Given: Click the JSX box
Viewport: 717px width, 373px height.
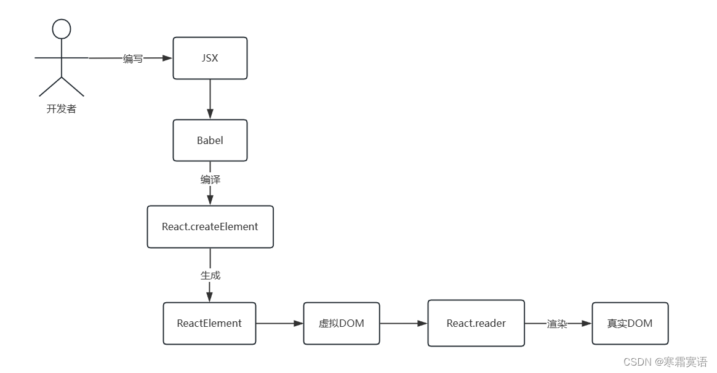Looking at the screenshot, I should click(x=210, y=58).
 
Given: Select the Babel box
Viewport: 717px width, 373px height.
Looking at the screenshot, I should click(x=210, y=140).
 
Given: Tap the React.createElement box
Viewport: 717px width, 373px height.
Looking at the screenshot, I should click(x=210, y=227).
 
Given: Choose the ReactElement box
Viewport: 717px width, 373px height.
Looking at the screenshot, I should click(x=209, y=323).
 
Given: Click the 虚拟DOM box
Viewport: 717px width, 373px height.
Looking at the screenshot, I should click(x=342, y=323).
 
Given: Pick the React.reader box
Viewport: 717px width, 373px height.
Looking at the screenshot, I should click(x=476, y=323).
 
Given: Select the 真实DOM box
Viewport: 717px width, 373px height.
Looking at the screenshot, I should click(x=630, y=323).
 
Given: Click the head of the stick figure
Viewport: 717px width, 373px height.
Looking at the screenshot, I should click(x=62, y=28).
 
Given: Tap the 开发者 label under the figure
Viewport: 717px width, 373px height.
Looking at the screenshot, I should click(x=62, y=110).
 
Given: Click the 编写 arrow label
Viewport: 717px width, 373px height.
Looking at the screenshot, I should click(x=133, y=58).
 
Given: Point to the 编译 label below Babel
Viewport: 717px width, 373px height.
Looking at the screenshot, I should click(x=210, y=180).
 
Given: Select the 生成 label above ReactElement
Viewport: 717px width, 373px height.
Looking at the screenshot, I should click(x=210, y=275).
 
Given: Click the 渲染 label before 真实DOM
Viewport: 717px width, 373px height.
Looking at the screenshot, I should click(x=557, y=324).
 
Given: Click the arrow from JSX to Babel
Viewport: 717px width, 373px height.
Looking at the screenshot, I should click(x=210, y=98).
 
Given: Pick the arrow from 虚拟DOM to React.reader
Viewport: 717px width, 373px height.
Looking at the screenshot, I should click(x=404, y=323).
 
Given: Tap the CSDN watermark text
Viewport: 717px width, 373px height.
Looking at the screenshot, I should click(x=665, y=362).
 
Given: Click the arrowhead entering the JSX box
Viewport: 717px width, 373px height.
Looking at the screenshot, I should click(x=167, y=58).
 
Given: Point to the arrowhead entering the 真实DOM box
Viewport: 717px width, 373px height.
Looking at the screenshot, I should click(x=587, y=324).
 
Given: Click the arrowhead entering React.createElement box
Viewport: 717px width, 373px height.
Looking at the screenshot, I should click(x=210, y=200).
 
